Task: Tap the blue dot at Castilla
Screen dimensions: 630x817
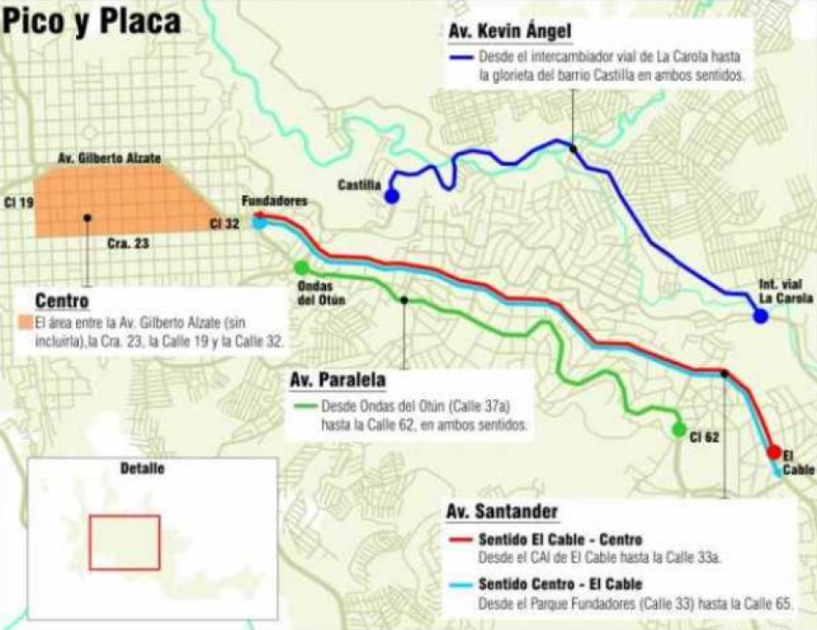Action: [392, 197]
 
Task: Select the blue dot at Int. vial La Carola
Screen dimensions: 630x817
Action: [760, 316]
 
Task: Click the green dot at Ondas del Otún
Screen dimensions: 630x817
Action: [301, 268]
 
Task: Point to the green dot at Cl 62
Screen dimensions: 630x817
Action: [679, 429]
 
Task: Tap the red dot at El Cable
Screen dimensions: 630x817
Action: [774, 452]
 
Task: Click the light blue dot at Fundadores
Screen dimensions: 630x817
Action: [260, 223]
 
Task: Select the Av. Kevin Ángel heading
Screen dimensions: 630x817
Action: [510, 32]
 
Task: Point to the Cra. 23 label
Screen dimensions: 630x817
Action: [128, 244]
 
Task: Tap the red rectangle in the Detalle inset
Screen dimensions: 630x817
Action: [124, 542]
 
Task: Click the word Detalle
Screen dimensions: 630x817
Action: [143, 469]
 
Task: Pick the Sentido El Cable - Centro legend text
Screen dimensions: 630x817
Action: [559, 540]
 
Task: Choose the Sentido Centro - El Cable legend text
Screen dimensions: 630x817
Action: [559, 583]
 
